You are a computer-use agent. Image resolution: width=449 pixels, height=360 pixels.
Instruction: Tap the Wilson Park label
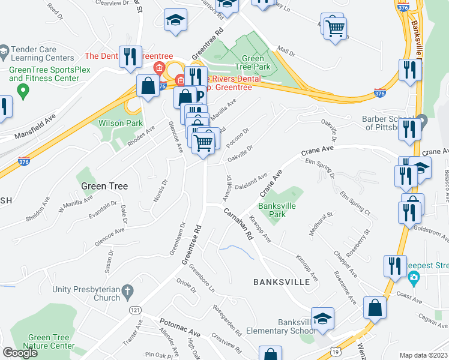(x=121, y=123)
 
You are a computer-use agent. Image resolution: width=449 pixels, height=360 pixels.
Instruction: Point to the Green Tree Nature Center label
(x=48, y=342)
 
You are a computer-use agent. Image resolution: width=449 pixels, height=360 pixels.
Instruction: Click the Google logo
(x=20, y=353)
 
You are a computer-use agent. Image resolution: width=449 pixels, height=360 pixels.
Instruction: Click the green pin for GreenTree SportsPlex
(x=23, y=92)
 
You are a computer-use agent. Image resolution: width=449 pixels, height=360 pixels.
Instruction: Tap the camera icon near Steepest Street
(x=413, y=277)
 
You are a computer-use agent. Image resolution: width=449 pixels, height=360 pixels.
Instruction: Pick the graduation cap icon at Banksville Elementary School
(x=322, y=319)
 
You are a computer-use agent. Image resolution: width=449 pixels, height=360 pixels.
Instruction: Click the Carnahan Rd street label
(x=239, y=223)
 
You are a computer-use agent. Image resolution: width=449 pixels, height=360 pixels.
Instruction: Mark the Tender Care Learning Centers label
(x=42, y=53)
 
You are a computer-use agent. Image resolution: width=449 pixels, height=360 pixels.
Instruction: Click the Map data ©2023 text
(x=424, y=355)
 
